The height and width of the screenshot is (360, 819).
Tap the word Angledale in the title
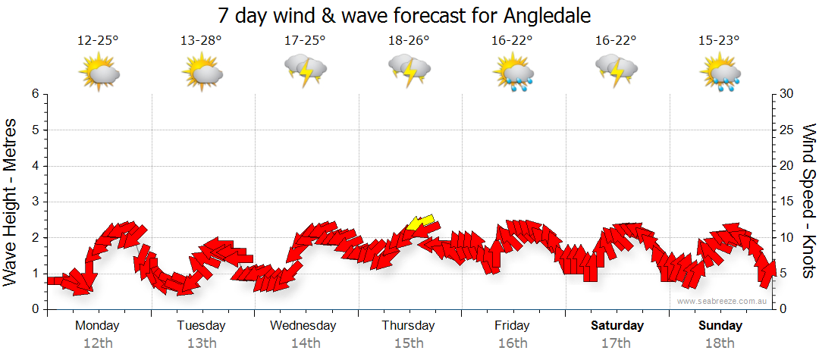(x=543, y=15)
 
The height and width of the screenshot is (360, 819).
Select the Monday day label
(x=98, y=326)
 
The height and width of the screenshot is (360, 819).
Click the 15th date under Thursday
(x=409, y=343)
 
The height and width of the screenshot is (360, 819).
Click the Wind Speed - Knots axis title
(x=807, y=202)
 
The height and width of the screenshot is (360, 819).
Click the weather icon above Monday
(x=99, y=71)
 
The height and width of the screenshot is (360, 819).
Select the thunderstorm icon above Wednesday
(x=305, y=70)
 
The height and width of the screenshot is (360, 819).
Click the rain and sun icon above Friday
(x=513, y=73)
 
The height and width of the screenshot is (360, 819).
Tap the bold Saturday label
(x=617, y=326)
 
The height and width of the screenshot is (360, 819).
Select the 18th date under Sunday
(x=720, y=343)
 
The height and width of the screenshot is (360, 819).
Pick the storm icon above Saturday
(x=616, y=70)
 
